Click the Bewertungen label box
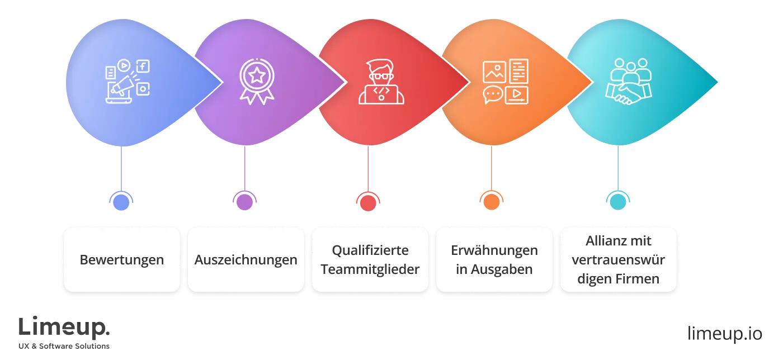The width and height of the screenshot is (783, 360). click(121, 259)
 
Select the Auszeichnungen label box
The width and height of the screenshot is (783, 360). click(246, 259)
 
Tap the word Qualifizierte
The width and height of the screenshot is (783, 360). click(370, 250)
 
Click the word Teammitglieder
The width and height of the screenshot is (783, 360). click(370, 269)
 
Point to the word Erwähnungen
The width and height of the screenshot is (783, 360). click(494, 250)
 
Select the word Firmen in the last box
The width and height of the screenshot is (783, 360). click(638, 278)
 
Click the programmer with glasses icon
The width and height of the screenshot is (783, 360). click(381, 82)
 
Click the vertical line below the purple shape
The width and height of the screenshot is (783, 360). click(244, 168)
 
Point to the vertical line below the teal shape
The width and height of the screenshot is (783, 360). click(617, 168)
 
